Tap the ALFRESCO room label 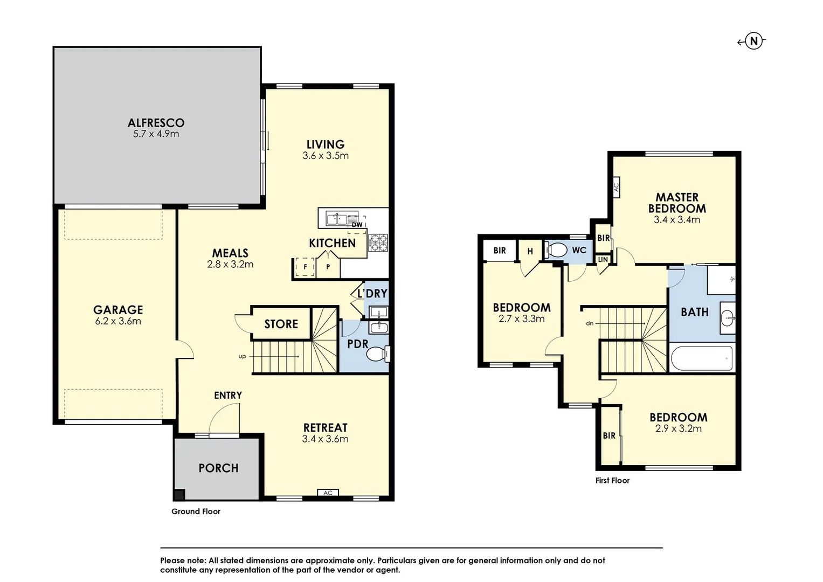(x=156, y=123)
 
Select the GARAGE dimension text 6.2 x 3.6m (x=118, y=321)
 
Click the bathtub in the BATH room (x=702, y=358)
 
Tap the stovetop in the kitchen (x=378, y=242)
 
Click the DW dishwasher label (x=357, y=225)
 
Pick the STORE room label (x=281, y=324)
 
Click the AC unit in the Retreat (x=328, y=493)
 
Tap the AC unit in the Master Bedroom (x=616, y=187)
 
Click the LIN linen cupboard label (x=603, y=260)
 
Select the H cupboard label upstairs (x=530, y=251)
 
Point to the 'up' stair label (x=242, y=356)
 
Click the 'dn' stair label (x=590, y=323)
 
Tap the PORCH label (x=218, y=468)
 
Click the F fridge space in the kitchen (x=305, y=267)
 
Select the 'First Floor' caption (x=612, y=480)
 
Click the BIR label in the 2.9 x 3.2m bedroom (x=609, y=435)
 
